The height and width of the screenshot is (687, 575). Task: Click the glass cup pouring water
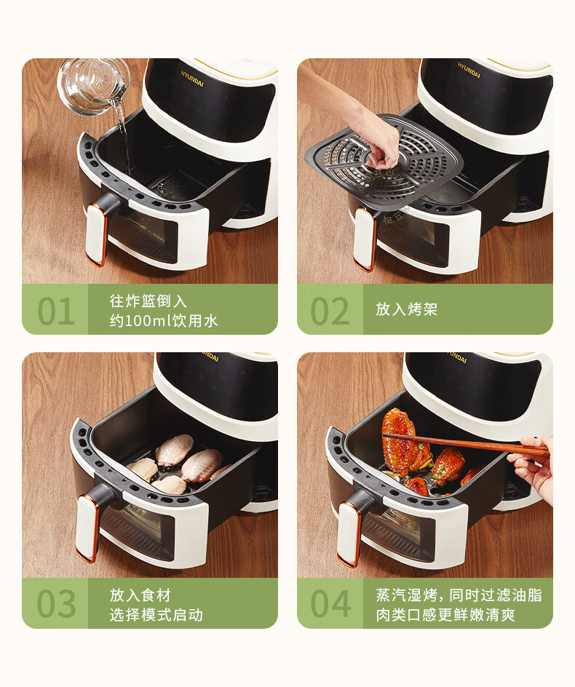(x=93, y=86)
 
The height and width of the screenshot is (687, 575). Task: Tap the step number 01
(x=56, y=311)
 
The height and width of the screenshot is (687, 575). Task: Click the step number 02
(x=330, y=311)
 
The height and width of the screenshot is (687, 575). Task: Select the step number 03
(x=56, y=604)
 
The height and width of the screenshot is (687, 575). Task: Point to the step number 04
(x=330, y=604)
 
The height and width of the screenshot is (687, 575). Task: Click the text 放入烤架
(x=406, y=309)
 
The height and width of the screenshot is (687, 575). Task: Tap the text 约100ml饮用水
(x=164, y=321)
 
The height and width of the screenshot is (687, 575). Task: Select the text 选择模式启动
(x=156, y=615)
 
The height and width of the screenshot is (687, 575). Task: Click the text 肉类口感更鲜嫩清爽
(x=445, y=615)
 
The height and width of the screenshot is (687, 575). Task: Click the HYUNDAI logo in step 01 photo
(x=192, y=78)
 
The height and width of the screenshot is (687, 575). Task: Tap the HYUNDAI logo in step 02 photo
(x=469, y=70)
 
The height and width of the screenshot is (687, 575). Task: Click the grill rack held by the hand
(x=385, y=160)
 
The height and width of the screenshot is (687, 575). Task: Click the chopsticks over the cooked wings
(x=464, y=442)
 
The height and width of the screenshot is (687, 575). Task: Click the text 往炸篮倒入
(x=148, y=301)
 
